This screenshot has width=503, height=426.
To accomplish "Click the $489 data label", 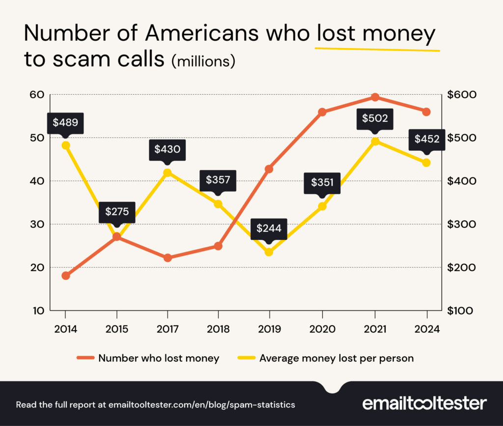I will pos(65,123).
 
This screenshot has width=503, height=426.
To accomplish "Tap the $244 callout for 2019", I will pos(269,229).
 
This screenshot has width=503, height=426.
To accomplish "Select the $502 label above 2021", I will pos(375,118).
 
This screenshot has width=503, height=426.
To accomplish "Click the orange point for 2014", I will pos(66,276).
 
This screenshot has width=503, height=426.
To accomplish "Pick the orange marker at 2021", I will pos(375,97).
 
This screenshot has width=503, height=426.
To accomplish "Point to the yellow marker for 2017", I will pos(168,172).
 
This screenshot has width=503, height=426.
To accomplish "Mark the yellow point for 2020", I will pos(322,206).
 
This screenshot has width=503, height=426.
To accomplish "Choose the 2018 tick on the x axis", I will pos(218,328).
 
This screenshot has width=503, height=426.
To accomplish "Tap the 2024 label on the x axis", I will pos(426,328).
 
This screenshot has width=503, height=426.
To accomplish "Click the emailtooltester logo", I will pos(424,404).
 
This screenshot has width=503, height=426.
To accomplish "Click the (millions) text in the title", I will pos(203,61).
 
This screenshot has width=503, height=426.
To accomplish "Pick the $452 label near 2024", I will pos(426,140).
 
